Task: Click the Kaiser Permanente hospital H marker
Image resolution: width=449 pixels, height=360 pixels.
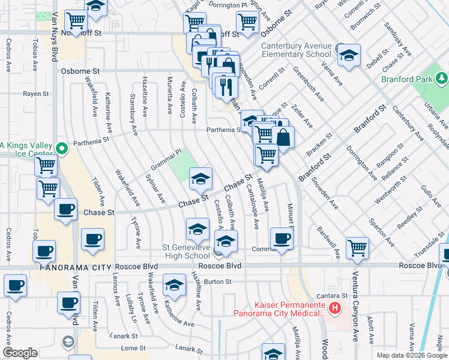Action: [334, 309]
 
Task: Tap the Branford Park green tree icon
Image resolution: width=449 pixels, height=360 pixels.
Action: [442, 78]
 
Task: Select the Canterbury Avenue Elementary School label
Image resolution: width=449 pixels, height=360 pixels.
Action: [296, 50]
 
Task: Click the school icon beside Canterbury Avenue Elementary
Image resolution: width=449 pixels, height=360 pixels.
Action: [348, 56]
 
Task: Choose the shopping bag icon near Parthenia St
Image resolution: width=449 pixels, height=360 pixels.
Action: [283, 137]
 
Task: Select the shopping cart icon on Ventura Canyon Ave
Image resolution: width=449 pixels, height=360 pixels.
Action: [357, 247]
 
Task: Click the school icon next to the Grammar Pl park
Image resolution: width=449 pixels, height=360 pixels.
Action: [201, 178]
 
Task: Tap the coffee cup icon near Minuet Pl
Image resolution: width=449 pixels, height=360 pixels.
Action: [282, 238]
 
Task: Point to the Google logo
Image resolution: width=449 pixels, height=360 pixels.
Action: [20, 353]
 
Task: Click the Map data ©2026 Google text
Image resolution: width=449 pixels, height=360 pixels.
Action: [411, 355]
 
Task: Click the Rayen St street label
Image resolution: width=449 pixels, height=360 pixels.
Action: [35, 94]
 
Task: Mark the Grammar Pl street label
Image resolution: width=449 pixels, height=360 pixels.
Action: [166, 160]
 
